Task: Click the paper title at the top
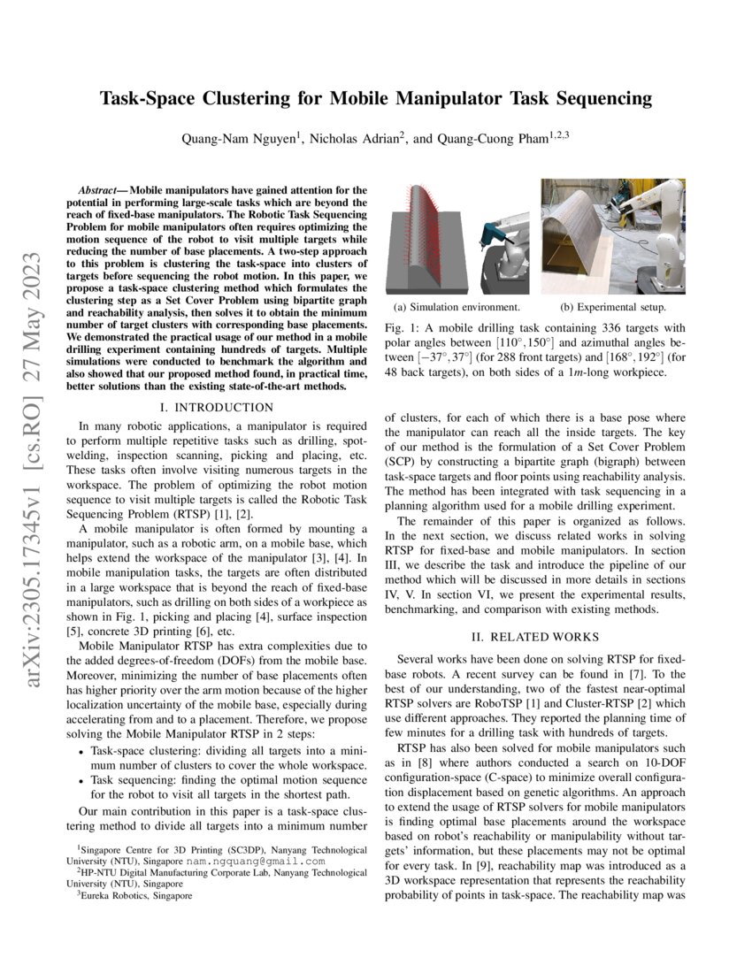[375, 98]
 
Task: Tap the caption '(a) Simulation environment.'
[457, 307]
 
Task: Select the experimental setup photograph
[612, 236]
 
